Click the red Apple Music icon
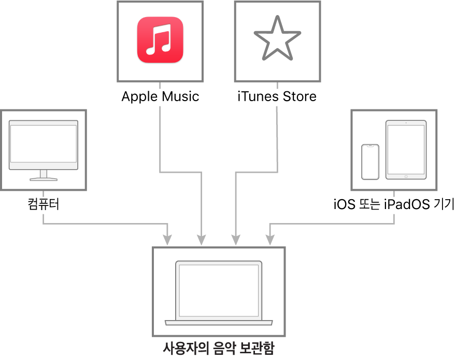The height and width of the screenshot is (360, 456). click(160, 40)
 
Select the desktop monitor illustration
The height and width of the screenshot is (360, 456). click(44, 149)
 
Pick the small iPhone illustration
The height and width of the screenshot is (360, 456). click(370, 162)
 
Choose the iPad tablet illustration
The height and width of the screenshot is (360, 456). click(406, 150)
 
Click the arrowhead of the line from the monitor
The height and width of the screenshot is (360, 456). click(167, 240)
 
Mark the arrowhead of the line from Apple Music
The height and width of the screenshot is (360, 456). click(201, 240)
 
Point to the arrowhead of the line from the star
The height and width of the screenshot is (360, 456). click(236, 240)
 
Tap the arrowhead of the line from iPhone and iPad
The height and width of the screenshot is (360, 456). click(270, 240)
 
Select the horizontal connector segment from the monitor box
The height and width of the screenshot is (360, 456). click(104, 224)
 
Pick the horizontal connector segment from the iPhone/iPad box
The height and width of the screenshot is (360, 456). click(332, 224)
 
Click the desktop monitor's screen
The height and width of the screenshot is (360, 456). click(44, 144)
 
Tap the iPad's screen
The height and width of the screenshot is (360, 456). click(406, 149)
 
